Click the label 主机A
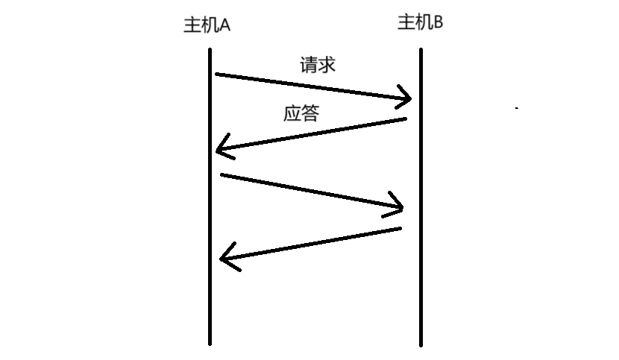207,25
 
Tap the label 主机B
421,22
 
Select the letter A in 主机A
224,25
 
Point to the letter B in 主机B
439,22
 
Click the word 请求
318,65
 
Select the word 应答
301,114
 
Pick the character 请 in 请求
309,65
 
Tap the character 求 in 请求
327,65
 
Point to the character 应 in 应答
292,114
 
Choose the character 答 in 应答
310,114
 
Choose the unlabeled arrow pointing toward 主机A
313,243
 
